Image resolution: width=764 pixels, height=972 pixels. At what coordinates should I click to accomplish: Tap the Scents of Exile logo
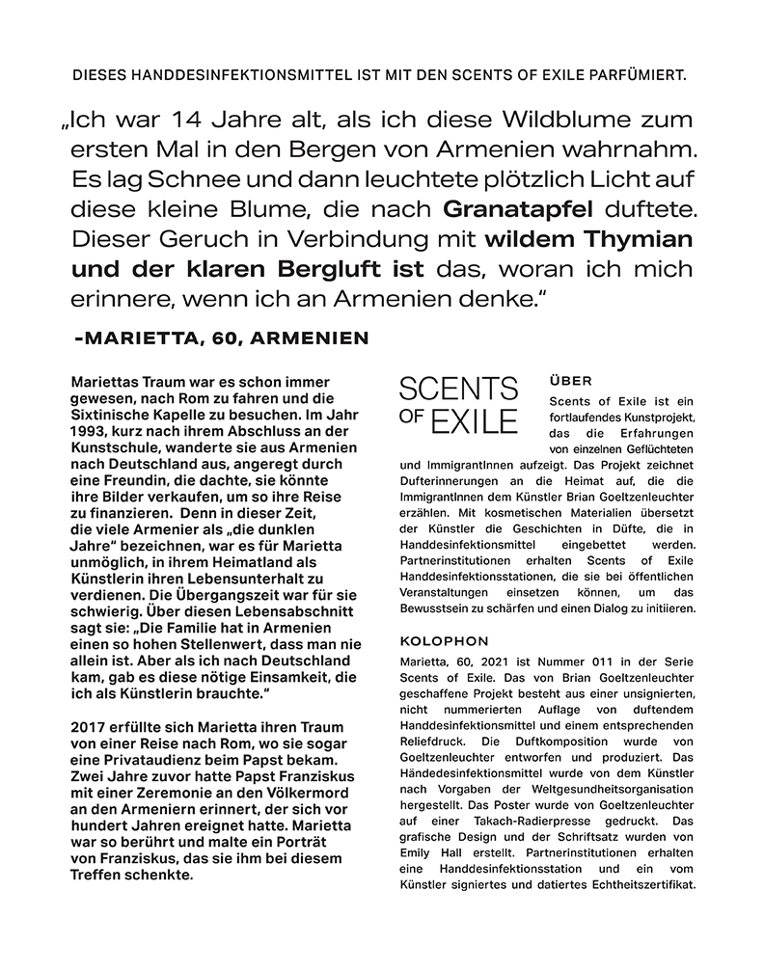[458, 405]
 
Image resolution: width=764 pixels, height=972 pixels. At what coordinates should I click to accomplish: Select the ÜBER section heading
[569, 380]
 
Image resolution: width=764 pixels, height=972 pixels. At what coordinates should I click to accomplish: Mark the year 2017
[93, 726]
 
